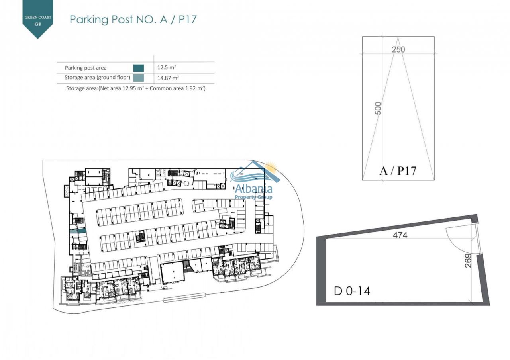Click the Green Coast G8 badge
coord(37,18)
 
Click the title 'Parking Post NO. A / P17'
coord(133,20)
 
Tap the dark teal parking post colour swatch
coord(138,68)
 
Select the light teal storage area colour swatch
coord(138,78)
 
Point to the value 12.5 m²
coord(167,67)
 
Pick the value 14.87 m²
coord(168,78)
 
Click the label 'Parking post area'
coord(86,68)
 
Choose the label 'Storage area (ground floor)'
coord(97,78)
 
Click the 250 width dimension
coord(398,49)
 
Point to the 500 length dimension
coord(378,108)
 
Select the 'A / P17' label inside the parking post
coord(398,171)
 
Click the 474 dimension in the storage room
coord(400,235)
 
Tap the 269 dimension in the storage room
coord(468,260)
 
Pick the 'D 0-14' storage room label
coord(352,291)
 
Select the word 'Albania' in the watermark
coord(253,189)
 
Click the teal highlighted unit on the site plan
coord(78,231)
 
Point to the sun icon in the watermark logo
coord(271,167)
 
